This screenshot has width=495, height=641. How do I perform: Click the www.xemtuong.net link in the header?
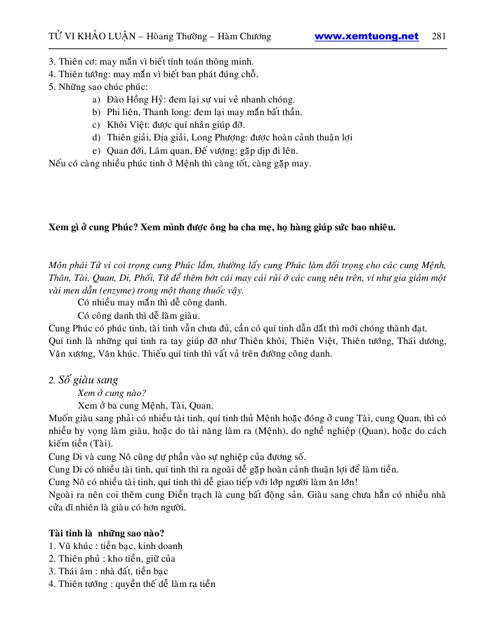click(366, 37)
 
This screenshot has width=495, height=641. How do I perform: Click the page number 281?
click(440, 37)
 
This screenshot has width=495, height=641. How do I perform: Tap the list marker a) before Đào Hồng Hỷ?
click(95, 100)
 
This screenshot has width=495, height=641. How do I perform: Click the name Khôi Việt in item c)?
click(127, 125)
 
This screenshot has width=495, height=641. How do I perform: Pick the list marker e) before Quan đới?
click(95, 150)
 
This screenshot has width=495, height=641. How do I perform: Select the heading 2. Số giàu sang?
click(83, 380)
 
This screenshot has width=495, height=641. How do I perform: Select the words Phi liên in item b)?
click(124, 112)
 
